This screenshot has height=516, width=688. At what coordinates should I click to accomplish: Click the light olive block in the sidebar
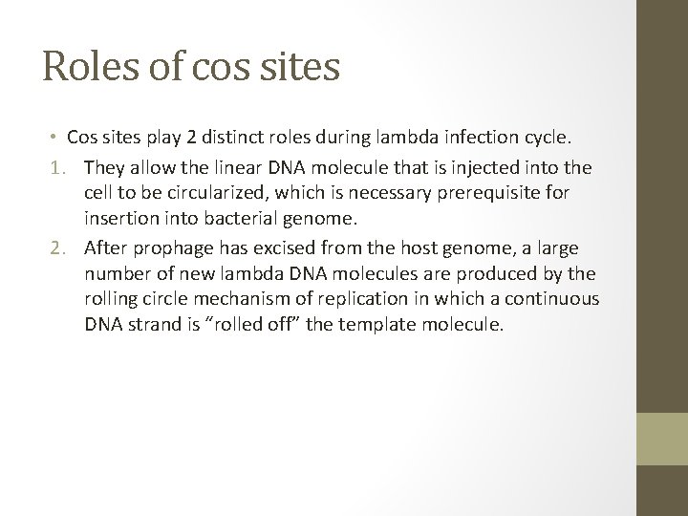point(662,441)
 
